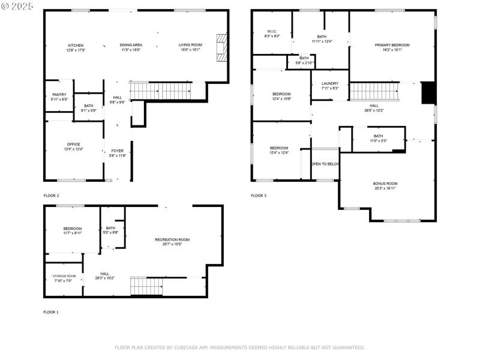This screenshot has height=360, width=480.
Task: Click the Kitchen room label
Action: coord(76,46)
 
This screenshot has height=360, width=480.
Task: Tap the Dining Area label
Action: coord(131,45)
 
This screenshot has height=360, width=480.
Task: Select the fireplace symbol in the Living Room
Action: coord(221,45)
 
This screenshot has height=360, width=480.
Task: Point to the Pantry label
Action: coord(59,95)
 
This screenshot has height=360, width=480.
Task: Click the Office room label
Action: coord(73,144)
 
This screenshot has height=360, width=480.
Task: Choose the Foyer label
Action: coord(118,151)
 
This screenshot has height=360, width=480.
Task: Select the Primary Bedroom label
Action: coord(392,46)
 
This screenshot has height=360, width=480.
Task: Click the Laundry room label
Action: coord(329,84)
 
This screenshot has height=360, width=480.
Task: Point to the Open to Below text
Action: coord(325,164)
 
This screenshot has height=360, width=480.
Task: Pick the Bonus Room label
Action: coord(385,184)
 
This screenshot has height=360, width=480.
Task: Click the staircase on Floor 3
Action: coord(374,91)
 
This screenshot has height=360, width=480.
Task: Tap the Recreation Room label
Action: coord(172,240)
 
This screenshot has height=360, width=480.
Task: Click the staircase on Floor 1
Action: coord(146,286)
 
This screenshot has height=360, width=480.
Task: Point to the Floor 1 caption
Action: coord(51,312)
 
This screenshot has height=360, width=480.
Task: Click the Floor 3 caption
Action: coord(259,196)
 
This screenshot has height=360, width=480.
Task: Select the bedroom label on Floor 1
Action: coord(72,229)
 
